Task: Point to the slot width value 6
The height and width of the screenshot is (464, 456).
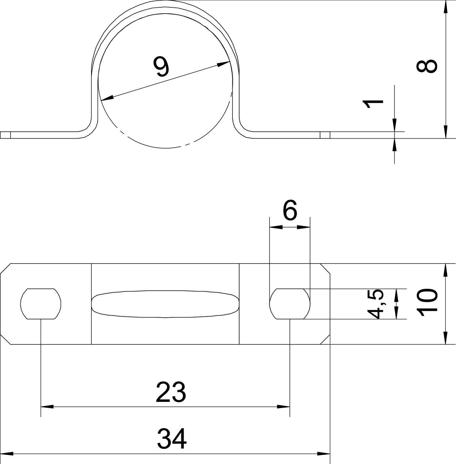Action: pos(290,210)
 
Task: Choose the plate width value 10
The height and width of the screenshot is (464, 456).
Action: pos(427,303)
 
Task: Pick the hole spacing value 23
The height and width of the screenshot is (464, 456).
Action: pos(171,392)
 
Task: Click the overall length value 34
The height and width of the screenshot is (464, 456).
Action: pos(172,438)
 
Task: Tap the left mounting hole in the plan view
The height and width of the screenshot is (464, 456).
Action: pos(41,304)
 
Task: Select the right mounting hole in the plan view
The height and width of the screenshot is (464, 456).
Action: pos(290,304)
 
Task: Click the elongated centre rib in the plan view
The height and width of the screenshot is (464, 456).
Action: pos(165,304)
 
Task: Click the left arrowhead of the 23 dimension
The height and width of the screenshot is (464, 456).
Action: pos(47,407)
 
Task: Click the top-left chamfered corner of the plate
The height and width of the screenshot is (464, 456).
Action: pos(5,269)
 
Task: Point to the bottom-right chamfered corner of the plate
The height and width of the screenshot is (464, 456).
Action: pos(325,339)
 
